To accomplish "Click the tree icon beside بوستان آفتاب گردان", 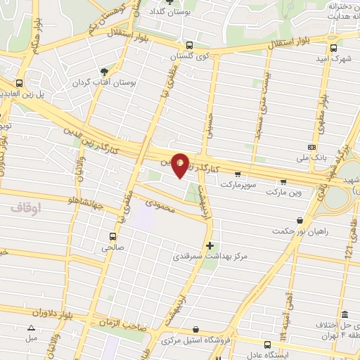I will pyautogui.click(x=105, y=71).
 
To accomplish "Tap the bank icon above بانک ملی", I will pyautogui.click(x=313, y=148).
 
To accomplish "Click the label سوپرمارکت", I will pyautogui.click(x=239, y=184).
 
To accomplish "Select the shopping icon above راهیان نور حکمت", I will pyautogui.click(x=300, y=219).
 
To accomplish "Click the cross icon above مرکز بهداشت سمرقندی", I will pyautogui.click(x=210, y=245).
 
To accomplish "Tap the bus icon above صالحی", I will pyautogui.click(x=112, y=236).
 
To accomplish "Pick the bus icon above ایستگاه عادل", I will pyautogui.click(x=267, y=344).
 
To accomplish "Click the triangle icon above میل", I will pyautogui.click(x=30, y=328).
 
